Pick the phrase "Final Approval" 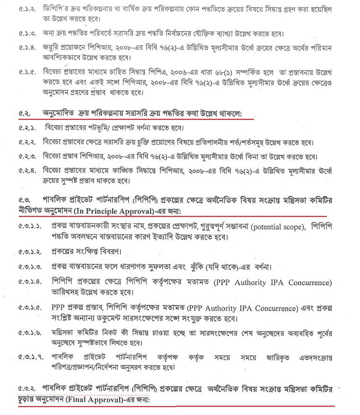point(93,400)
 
